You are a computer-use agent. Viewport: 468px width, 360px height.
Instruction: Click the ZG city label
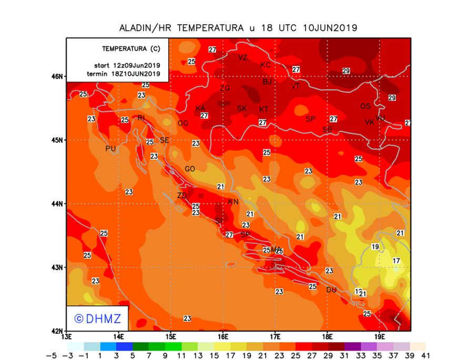point(225,88)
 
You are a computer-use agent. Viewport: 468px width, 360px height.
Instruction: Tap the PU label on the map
point(110,149)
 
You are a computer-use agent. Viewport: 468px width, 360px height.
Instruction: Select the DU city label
point(331,290)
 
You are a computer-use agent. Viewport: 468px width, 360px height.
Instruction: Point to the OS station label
point(365,106)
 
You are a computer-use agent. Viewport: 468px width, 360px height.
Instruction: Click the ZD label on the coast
point(182,196)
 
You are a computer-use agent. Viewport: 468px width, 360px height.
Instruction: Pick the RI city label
point(141,118)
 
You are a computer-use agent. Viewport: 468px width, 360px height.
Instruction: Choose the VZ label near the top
point(242,57)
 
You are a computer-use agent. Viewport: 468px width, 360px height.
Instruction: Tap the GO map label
point(190,169)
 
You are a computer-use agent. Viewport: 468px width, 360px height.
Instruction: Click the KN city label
point(233,202)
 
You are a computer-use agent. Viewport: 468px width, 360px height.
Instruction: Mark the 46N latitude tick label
point(57,77)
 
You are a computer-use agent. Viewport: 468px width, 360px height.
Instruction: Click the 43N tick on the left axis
point(57,268)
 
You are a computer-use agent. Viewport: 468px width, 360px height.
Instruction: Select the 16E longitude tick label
point(223,336)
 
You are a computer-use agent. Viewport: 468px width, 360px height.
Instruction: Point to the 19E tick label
point(380,336)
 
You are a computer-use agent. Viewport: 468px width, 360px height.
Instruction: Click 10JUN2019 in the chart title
point(330,28)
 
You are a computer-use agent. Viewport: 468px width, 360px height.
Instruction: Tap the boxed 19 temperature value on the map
point(375,246)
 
